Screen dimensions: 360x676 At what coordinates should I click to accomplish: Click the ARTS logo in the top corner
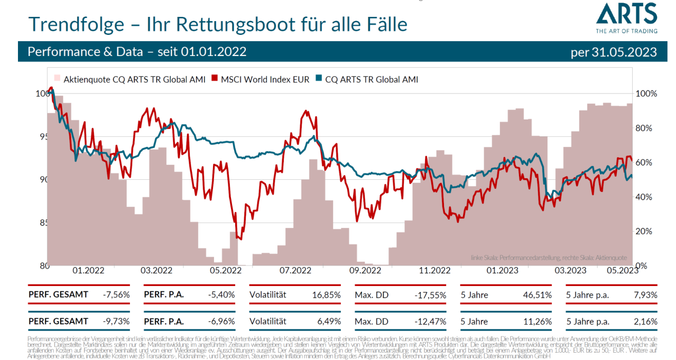point(627,14)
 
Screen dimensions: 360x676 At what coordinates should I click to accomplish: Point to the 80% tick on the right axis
point(645,128)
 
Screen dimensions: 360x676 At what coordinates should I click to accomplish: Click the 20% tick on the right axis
point(645,231)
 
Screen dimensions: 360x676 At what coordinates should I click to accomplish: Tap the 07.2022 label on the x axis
point(294,271)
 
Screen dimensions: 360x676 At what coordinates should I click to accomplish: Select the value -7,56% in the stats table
point(117,294)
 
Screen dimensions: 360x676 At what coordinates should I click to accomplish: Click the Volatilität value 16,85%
point(328,294)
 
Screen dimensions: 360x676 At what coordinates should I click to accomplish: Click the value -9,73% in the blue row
point(117,321)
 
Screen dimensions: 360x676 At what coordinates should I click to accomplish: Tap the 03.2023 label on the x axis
point(570,271)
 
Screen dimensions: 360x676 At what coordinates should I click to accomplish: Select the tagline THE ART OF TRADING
point(627,31)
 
